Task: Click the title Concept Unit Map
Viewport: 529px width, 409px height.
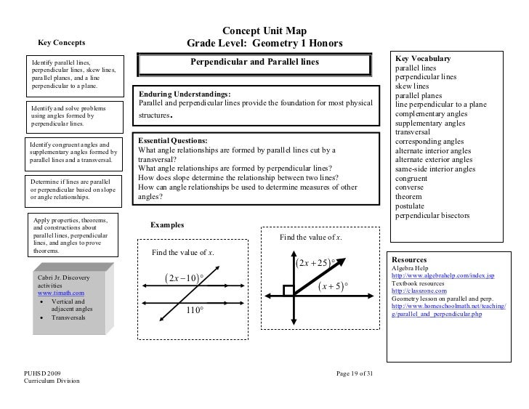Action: click(264, 31)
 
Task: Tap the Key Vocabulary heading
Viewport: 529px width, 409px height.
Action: click(423, 59)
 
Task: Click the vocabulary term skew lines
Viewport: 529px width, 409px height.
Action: click(413, 86)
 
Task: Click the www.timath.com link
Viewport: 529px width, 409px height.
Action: click(60, 294)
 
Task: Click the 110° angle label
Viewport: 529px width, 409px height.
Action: click(193, 310)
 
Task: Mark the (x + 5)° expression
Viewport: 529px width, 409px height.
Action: click(334, 287)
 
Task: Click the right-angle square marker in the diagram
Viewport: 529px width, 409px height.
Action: click(288, 291)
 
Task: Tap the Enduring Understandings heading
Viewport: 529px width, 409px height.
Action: click(184, 94)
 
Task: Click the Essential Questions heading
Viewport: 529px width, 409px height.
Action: click(172, 140)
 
